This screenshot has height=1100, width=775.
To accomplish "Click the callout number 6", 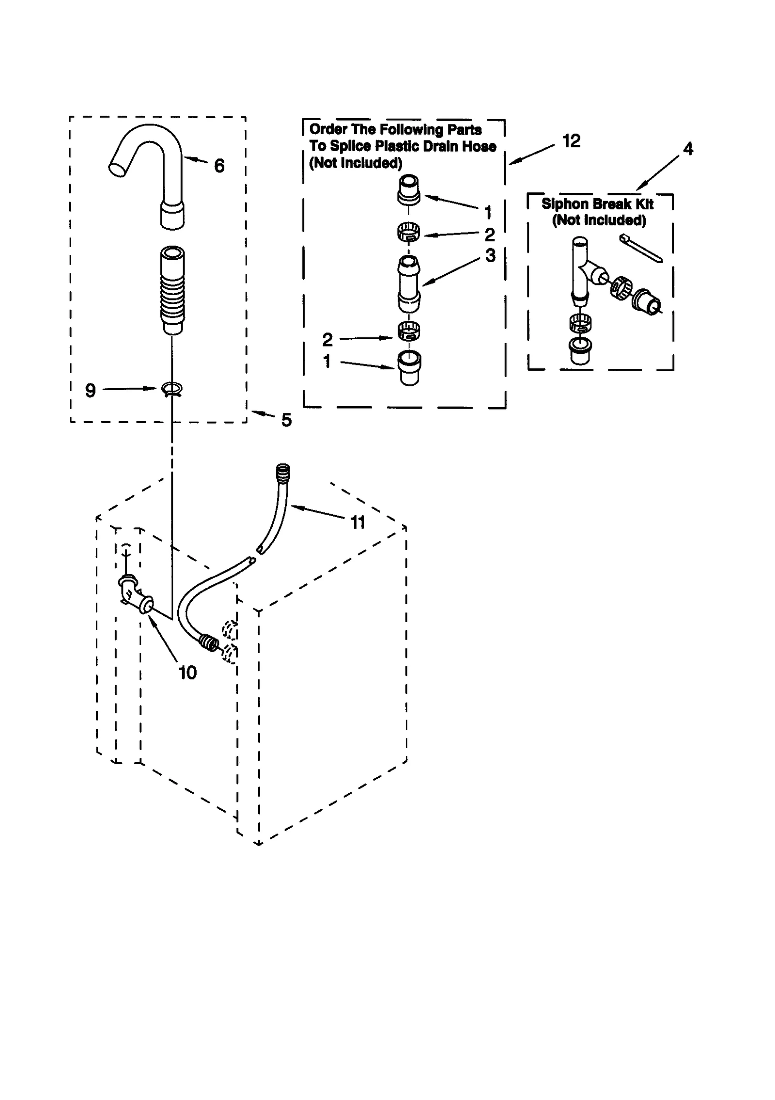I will tap(219, 166).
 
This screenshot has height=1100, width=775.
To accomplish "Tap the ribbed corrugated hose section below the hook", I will tap(172, 291).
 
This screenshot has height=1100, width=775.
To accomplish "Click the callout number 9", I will tap(91, 391).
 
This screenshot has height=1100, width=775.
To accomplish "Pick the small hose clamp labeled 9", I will tap(171, 389).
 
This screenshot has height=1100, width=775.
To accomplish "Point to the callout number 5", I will tap(286, 420).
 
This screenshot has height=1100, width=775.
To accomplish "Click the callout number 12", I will tap(571, 141).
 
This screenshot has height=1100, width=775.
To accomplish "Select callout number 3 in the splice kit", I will tap(490, 256).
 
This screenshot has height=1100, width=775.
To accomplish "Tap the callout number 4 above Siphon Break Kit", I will tap(688, 149).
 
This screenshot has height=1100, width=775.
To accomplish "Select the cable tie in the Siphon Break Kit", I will tap(640, 249).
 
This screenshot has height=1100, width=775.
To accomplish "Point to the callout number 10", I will tap(187, 673).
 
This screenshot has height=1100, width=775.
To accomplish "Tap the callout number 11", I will tap(357, 522).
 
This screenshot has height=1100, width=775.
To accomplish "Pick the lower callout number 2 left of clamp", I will tap(327, 340).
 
